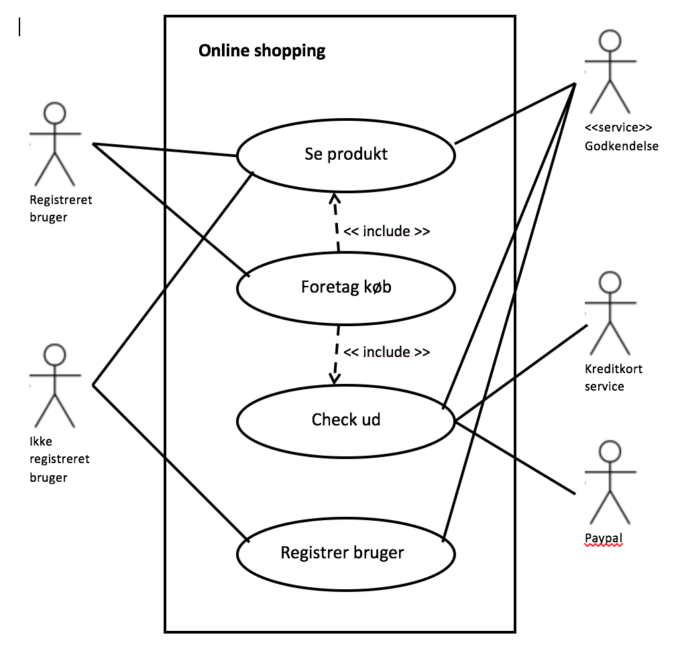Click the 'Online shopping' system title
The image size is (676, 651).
pyautogui.click(x=262, y=51)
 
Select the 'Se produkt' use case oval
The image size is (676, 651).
pyautogui.click(x=346, y=154)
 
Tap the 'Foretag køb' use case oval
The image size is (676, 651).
pyautogui.click(x=346, y=288)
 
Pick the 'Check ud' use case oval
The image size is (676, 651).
pyautogui.click(x=346, y=420)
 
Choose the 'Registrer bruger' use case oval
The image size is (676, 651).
pyautogui.click(x=346, y=553)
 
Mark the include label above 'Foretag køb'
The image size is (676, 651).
pyautogui.click(x=386, y=232)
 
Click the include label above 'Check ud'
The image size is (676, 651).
pyautogui.click(x=386, y=352)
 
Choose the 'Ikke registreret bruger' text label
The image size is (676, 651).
pyautogui.click(x=59, y=460)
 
